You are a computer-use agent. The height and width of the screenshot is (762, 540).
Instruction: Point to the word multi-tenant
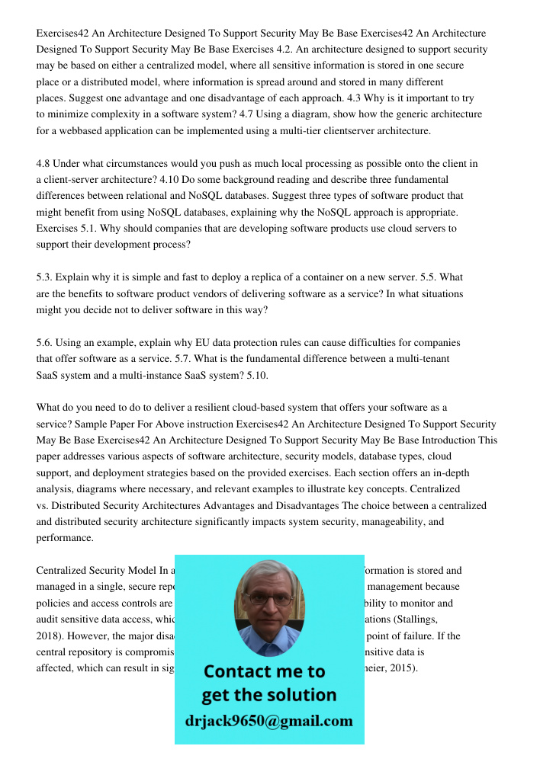tap(419, 359)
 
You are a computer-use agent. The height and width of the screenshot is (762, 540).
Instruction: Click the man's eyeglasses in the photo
tap(268, 599)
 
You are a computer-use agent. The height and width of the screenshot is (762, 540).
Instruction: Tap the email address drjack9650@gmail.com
tap(268, 721)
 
